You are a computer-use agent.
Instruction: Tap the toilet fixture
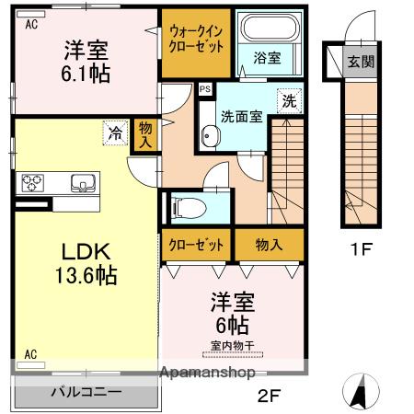(188, 208)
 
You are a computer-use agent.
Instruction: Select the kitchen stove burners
(32, 183)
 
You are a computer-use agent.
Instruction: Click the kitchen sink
(83, 183)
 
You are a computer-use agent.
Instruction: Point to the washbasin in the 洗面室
(211, 136)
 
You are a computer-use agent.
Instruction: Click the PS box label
(205, 89)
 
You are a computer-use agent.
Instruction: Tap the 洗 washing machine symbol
(290, 101)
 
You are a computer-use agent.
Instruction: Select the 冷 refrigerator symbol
(115, 132)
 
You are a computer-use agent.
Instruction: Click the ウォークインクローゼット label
(196, 40)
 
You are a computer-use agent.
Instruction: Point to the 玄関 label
(361, 62)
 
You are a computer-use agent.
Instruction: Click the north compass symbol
(361, 392)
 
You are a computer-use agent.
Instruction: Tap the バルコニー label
(86, 392)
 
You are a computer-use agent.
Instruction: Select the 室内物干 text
(233, 346)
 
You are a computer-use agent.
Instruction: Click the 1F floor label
(362, 248)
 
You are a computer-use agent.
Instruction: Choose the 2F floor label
(269, 396)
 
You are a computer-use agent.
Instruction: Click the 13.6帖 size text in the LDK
(86, 275)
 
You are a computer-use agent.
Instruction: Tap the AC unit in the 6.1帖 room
(31, 14)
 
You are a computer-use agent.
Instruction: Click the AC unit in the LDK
(31, 365)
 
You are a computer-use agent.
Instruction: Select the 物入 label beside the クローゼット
(269, 245)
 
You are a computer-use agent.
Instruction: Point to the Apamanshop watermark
(208, 373)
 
